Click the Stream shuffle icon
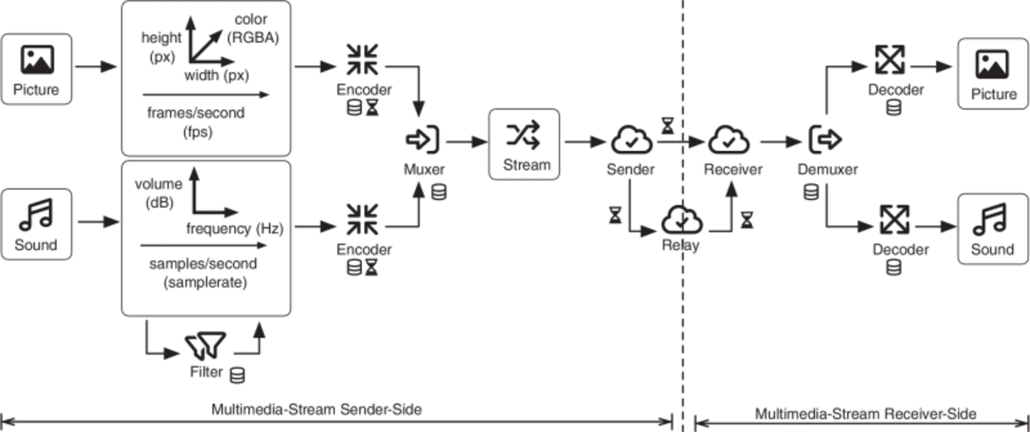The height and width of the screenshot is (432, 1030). pyautogui.click(x=523, y=135)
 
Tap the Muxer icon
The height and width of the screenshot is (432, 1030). pyautogui.click(x=422, y=139)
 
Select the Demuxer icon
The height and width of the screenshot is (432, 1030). pyautogui.click(x=825, y=139)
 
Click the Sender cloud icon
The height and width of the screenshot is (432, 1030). pyautogui.click(x=631, y=139)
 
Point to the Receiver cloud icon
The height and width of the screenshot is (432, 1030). pyautogui.click(x=729, y=139)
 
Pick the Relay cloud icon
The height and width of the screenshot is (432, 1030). pyautogui.click(x=682, y=219)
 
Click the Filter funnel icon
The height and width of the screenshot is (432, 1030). pyautogui.click(x=205, y=345)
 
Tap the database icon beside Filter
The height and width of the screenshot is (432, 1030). pyautogui.click(x=238, y=375)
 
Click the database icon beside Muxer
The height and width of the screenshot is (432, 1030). pyautogui.click(x=439, y=192)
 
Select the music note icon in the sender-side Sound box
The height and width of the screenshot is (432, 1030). pyautogui.click(x=36, y=214)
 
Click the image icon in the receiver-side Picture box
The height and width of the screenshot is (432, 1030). pyautogui.click(x=992, y=65)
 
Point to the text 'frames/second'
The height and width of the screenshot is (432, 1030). pyautogui.click(x=196, y=113)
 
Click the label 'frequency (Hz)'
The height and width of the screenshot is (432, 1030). pyautogui.click(x=235, y=228)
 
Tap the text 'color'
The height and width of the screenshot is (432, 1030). pyautogui.click(x=251, y=19)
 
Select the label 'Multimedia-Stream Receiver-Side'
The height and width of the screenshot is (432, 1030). pyautogui.click(x=865, y=413)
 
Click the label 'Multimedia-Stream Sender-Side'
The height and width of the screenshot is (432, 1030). pyautogui.click(x=317, y=409)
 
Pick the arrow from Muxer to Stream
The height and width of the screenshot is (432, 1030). pyautogui.click(x=466, y=141)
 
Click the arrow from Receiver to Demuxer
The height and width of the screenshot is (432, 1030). pyautogui.click(x=781, y=141)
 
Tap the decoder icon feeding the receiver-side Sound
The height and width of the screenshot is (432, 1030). pyautogui.click(x=894, y=220)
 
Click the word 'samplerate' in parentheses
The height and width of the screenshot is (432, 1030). pyautogui.click(x=205, y=282)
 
